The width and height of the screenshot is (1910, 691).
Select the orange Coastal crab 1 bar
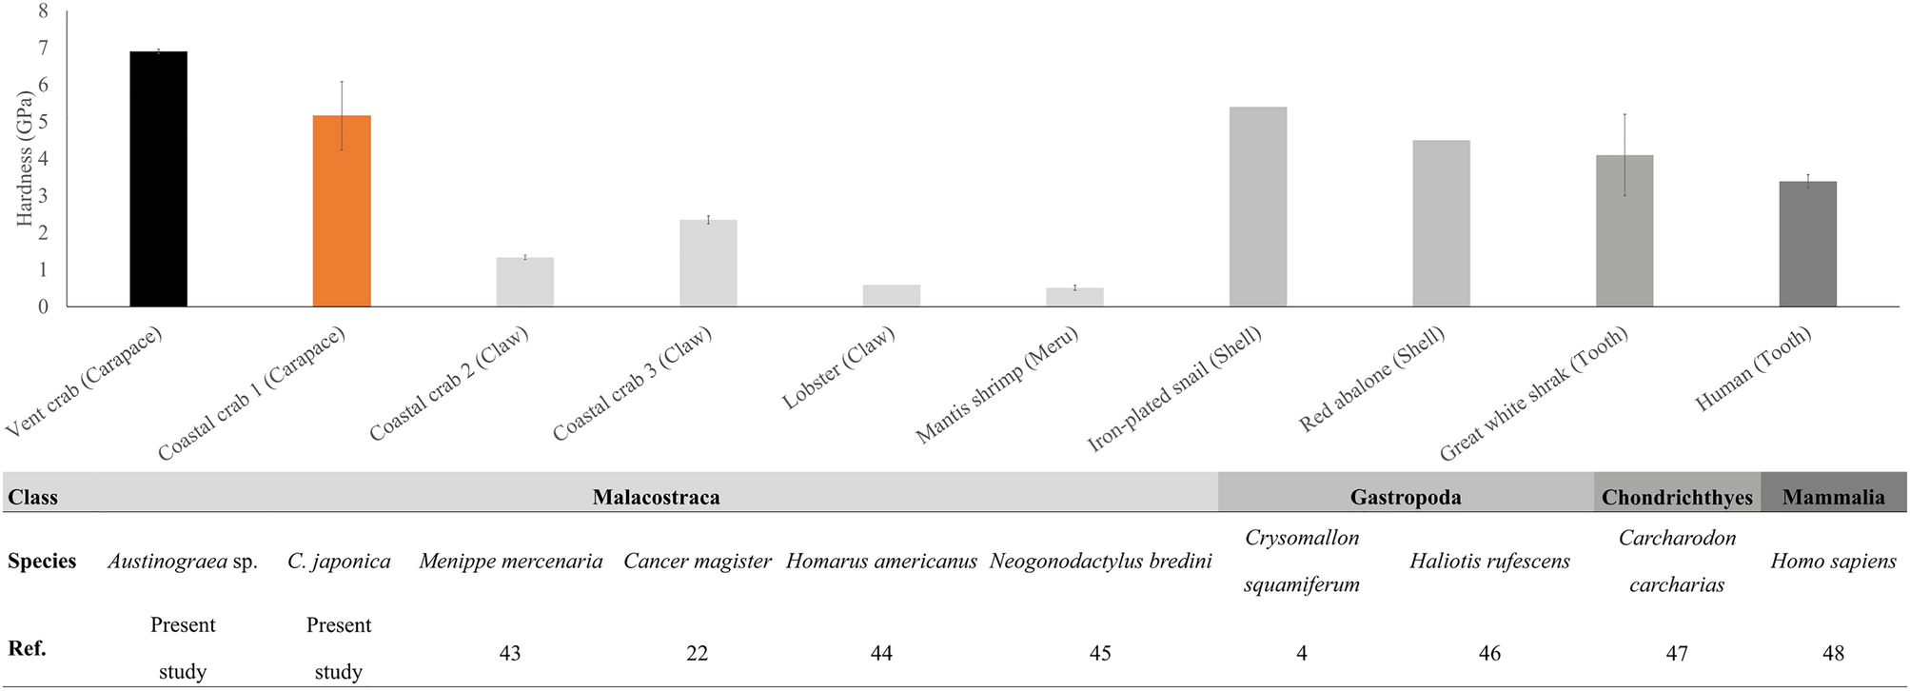(342, 211)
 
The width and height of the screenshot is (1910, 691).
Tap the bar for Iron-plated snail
(1258, 207)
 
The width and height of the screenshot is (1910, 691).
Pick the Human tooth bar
(1807, 244)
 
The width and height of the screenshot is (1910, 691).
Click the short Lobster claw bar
(892, 295)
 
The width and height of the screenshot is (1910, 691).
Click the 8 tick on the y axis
(42, 11)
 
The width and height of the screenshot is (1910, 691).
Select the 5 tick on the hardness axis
(42, 122)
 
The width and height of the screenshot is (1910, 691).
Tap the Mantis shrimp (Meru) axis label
(997, 385)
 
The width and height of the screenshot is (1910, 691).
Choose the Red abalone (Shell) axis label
(1371, 380)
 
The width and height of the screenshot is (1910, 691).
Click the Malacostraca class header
(656, 497)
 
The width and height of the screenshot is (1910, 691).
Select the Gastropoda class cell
(1406, 497)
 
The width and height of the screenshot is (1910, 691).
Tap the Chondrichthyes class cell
(1677, 497)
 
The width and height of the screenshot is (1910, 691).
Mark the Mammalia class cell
(1833, 497)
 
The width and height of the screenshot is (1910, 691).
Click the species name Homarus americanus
(881, 562)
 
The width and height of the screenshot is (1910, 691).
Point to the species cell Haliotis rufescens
(1489, 562)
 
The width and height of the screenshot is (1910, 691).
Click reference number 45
(1099, 653)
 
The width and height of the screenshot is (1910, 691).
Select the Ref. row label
(27, 649)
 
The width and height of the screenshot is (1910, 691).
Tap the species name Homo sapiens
(1833, 562)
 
